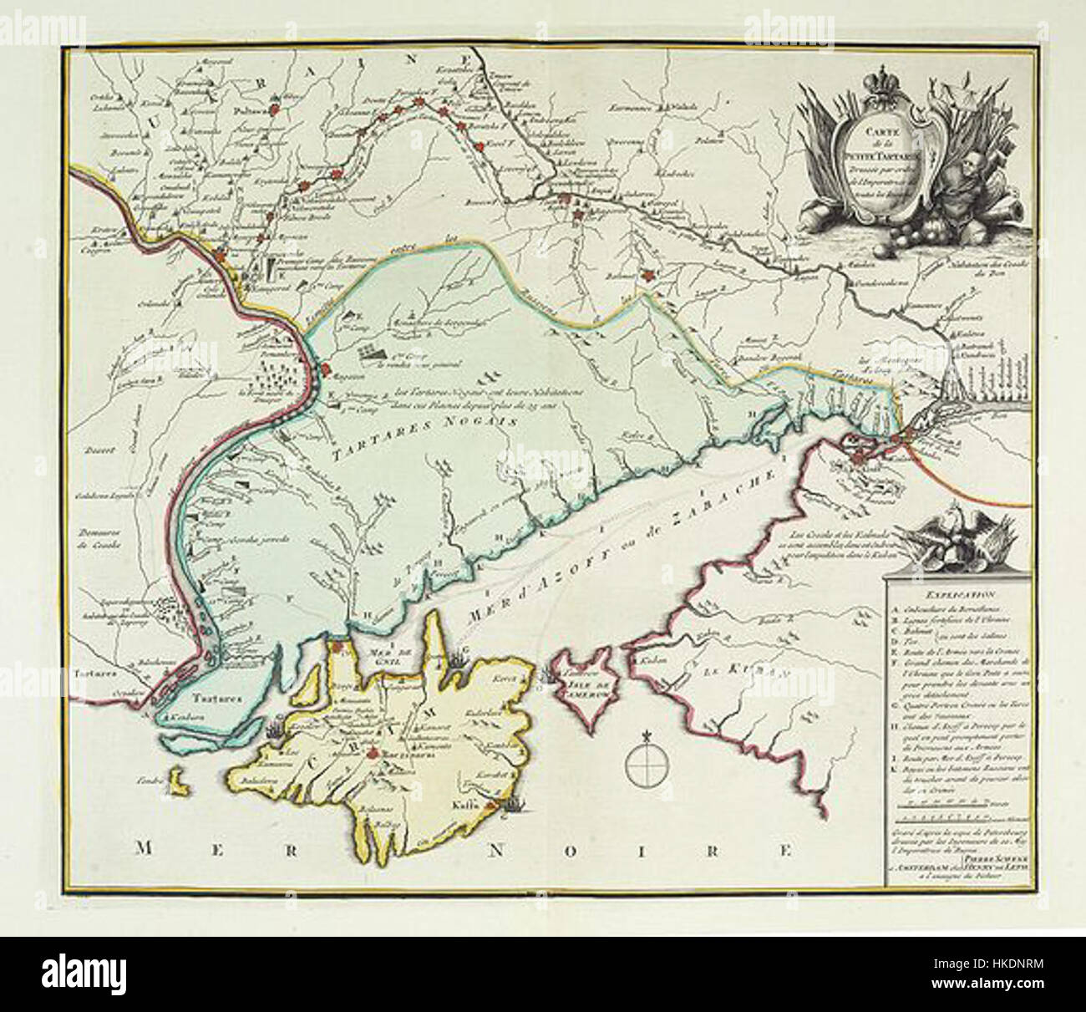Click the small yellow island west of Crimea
176,784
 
